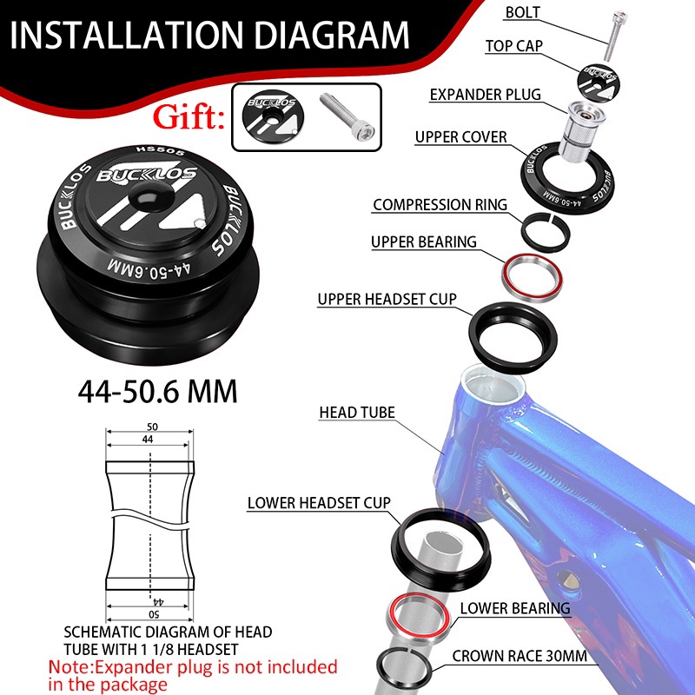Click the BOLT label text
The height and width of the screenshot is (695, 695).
pyautogui.click(x=523, y=12)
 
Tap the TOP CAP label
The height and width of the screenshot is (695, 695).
pyautogui.click(x=514, y=46)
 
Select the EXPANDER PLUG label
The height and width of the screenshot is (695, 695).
pyautogui.click(x=486, y=95)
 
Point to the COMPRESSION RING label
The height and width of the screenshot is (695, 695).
pyautogui.click(x=440, y=205)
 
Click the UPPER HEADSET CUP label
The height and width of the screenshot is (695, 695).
pyautogui.click(x=387, y=299)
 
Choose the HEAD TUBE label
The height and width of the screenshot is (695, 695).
pyautogui.click(x=357, y=412)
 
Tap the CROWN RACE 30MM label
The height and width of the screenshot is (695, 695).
pyautogui.click(x=520, y=656)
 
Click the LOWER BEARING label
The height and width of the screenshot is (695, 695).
pyautogui.click(x=515, y=608)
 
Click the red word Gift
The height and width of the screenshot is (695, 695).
pyautogui.click(x=189, y=116)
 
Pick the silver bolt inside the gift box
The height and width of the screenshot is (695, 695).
pyautogui.click(x=347, y=116)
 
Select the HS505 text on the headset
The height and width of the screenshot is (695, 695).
pyautogui.click(x=160, y=150)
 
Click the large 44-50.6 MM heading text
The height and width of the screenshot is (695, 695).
pyautogui.click(x=158, y=392)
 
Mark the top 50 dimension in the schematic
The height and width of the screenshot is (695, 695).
pyautogui.click(x=152, y=427)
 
